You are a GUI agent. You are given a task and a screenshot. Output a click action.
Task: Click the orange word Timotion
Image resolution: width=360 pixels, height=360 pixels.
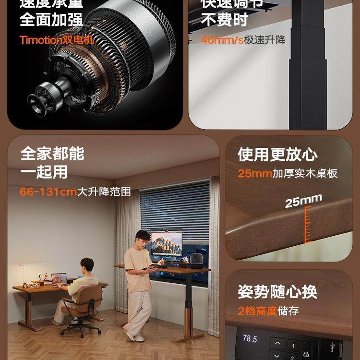pos(41,40)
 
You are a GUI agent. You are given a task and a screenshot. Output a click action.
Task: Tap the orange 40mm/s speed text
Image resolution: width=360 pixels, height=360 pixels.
pos(222,40)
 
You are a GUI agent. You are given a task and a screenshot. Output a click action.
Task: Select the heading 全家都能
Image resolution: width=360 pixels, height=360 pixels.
pos(52,154)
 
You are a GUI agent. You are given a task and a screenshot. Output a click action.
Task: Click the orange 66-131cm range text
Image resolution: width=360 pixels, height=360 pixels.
pos(48,192)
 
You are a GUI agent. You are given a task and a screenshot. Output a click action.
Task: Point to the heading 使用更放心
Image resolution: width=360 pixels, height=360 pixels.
pos(277,155)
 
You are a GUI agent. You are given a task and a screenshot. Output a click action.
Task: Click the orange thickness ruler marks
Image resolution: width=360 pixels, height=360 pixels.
pos(306,223)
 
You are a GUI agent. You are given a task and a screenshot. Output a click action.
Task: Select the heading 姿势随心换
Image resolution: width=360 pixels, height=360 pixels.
pos(277,291)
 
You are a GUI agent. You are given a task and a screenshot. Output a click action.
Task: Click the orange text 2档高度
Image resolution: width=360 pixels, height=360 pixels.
pos(257,311)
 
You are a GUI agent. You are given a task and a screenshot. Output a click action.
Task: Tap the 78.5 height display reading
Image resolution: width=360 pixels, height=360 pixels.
pos(250,339)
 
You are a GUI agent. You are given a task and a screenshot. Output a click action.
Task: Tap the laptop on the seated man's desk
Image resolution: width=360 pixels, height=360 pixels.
pos(59,279)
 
